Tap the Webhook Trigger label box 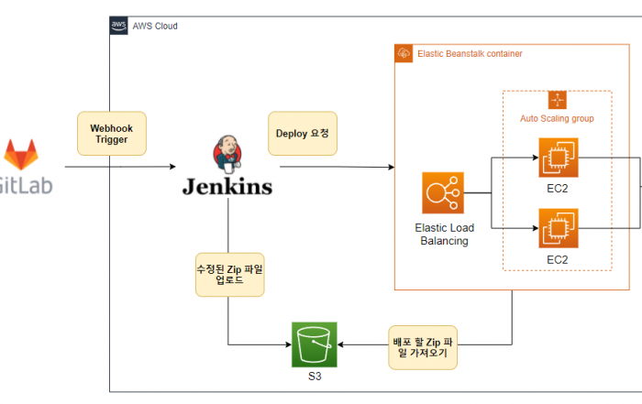(111, 134)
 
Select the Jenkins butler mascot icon (225, 154)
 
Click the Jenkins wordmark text (227, 186)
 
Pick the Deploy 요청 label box (302, 133)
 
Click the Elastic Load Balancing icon (443, 194)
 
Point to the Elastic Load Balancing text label (443, 235)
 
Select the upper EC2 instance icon (557, 158)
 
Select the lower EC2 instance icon (557, 229)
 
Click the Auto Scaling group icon (557, 101)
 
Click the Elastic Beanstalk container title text (470, 54)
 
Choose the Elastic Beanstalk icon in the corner (404, 54)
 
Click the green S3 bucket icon (315, 344)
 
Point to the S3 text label (315, 377)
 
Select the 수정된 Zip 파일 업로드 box (229, 275)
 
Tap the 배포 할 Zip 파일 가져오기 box (423, 345)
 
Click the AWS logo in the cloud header (119, 26)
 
